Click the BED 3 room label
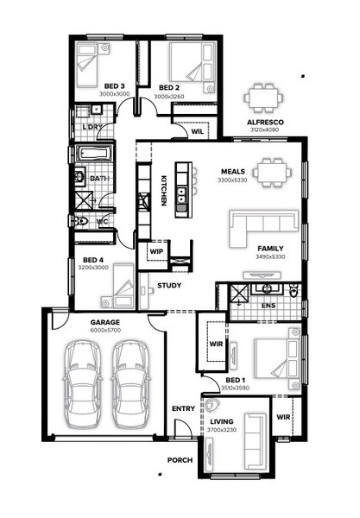point(114,86)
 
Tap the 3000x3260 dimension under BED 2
point(169,97)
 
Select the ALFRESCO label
point(265,123)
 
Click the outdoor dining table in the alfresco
point(263,98)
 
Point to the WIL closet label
point(198,131)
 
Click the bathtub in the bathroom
point(94,154)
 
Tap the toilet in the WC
point(81,221)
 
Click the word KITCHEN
point(163,191)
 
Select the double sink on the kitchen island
point(181,195)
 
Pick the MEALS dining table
point(273,173)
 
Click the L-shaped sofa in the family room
point(263,229)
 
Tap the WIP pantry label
point(156,251)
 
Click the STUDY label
point(169,286)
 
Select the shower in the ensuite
point(239,294)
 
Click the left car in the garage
point(82,384)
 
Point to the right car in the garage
point(129,384)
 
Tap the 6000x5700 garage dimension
point(105,330)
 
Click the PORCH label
point(180,460)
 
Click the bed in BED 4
point(118,286)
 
